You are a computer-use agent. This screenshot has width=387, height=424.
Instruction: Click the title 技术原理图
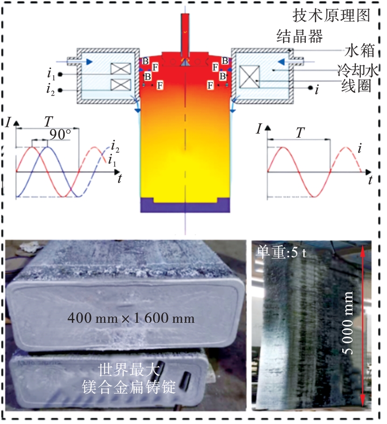pyautogui.click(x=332, y=15)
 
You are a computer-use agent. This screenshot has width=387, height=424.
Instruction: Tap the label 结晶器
pyautogui.click(x=300, y=36)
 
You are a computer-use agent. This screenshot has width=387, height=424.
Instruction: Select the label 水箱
pyautogui.click(x=359, y=50)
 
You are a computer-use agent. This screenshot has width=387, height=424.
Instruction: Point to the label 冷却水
pyautogui.click(x=358, y=70)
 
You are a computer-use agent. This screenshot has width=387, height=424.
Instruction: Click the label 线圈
pyautogui.click(x=356, y=87)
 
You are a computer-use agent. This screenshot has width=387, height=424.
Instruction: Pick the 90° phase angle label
pyautogui.click(x=60, y=134)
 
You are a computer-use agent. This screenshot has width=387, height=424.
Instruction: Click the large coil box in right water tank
pyautogui.click(x=250, y=77)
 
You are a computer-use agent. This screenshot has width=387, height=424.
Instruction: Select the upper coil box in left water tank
pyautogui.click(x=121, y=69)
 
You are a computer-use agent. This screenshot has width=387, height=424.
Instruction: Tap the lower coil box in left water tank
pyautogui.click(x=121, y=84)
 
